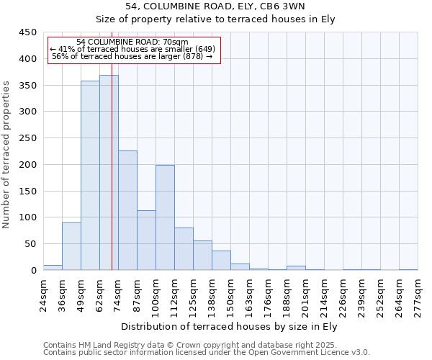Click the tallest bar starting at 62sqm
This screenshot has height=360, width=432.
click(x=109, y=173)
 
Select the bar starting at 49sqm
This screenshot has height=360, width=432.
click(x=90, y=176)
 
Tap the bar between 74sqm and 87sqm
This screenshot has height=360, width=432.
click(x=127, y=210)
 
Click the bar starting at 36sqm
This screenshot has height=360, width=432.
click(x=71, y=246)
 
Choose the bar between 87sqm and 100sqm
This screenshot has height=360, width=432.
click(x=146, y=240)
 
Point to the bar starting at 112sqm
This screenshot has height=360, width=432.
click(x=184, y=249)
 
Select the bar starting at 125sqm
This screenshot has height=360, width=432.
click(x=202, y=256)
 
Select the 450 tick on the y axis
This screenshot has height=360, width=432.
click(x=27, y=32)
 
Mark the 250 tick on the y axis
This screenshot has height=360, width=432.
click(x=27, y=138)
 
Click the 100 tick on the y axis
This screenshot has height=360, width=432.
click(x=27, y=217)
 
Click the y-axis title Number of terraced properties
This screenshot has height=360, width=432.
click(x=7, y=155)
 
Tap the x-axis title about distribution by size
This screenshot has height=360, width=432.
click(x=230, y=326)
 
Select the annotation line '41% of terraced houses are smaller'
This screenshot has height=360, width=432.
click(x=133, y=49)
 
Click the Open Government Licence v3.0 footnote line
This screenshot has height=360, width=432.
click(x=207, y=352)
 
